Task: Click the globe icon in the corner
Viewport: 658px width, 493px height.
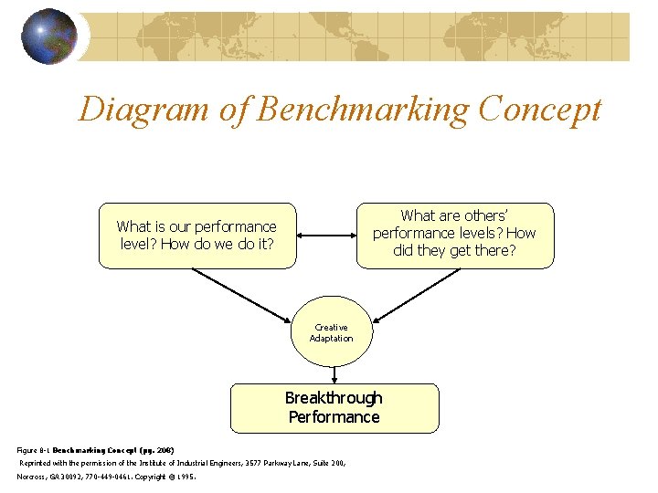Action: pyautogui.click(x=48, y=37)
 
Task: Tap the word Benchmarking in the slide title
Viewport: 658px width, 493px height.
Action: pyautogui.click(x=362, y=110)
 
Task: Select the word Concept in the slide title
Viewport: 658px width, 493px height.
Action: pyautogui.click(x=539, y=110)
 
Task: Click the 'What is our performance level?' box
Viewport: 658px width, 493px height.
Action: pyautogui.click(x=197, y=236)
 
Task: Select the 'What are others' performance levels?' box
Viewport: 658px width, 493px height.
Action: pyautogui.click(x=454, y=235)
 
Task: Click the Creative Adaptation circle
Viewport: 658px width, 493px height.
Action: pyautogui.click(x=331, y=333)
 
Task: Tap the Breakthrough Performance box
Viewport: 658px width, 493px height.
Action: pyautogui.click(x=334, y=408)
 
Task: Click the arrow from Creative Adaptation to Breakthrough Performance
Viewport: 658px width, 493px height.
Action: pyautogui.click(x=334, y=375)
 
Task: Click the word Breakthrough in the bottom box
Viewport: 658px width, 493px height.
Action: pyautogui.click(x=334, y=398)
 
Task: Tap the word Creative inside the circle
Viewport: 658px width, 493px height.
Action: pyautogui.click(x=331, y=327)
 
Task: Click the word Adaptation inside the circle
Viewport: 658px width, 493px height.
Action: pyautogui.click(x=331, y=339)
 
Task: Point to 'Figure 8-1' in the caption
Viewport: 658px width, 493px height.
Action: pyautogui.click(x=34, y=450)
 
